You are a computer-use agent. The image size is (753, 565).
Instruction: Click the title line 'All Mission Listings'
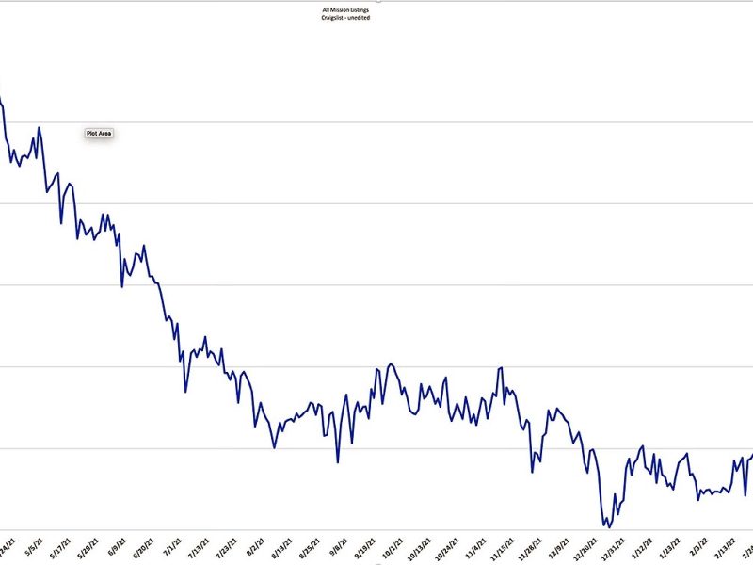click(x=345, y=10)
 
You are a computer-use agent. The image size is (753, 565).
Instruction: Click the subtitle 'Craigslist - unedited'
click(x=345, y=18)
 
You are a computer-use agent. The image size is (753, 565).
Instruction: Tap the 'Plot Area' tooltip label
click(x=99, y=134)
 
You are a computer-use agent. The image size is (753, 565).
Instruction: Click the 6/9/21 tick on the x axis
click(x=118, y=548)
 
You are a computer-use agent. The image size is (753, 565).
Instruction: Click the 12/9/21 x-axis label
click(x=559, y=548)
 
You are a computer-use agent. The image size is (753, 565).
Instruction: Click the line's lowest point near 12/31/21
click(x=608, y=526)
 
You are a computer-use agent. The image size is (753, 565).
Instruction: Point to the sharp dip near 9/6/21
click(x=338, y=461)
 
